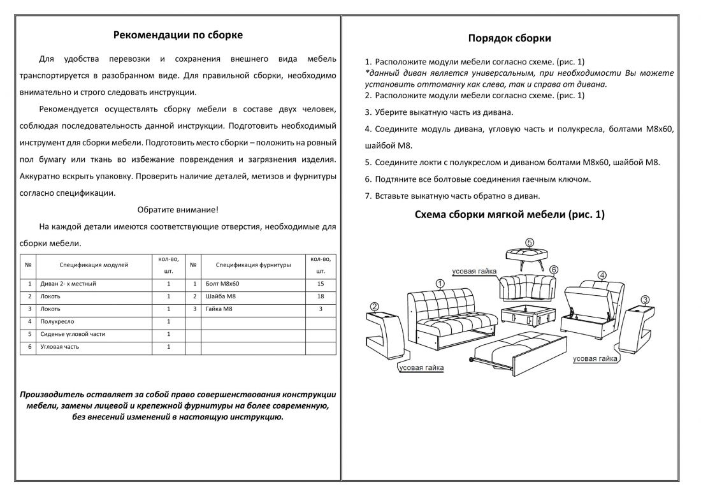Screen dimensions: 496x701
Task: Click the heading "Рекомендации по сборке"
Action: (x=178, y=35)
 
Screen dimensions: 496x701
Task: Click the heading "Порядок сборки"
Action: (x=509, y=38)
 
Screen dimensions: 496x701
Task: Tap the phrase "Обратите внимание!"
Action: (x=178, y=210)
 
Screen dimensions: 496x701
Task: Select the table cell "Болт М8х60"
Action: (x=223, y=283)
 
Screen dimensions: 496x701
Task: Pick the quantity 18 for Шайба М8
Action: (x=321, y=296)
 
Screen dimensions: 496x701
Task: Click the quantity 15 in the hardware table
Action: (x=321, y=283)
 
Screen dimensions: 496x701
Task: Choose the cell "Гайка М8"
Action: (x=220, y=309)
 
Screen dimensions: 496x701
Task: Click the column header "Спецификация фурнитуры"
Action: (x=253, y=264)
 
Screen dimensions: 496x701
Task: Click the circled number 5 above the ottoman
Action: (x=530, y=242)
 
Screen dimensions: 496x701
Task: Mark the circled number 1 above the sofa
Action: (x=439, y=282)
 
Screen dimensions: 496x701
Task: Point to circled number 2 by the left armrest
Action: (x=375, y=306)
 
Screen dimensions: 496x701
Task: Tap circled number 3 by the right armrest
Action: (x=645, y=300)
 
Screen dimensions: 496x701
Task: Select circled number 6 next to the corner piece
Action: (x=554, y=270)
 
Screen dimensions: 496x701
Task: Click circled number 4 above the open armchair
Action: (x=602, y=275)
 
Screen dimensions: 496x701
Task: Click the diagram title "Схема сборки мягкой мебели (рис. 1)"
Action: (x=509, y=215)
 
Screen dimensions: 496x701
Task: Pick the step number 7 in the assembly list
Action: (x=368, y=196)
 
